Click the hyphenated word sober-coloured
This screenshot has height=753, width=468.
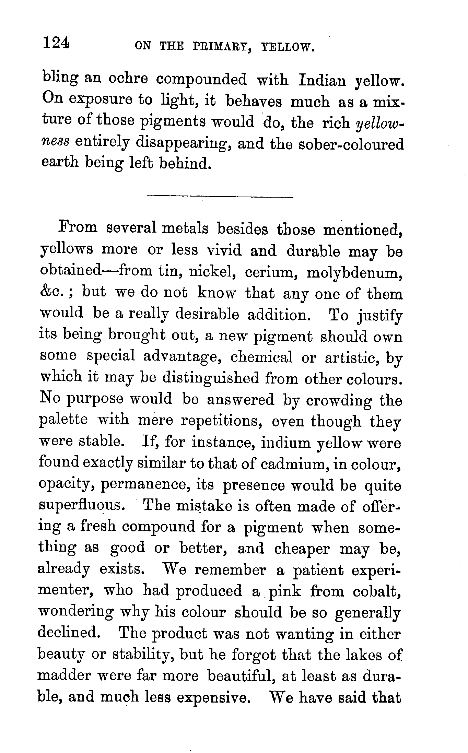(x=351, y=144)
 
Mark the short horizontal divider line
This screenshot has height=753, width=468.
(x=220, y=197)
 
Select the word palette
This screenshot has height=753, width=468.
(x=64, y=420)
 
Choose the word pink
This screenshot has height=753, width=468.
(x=285, y=592)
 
